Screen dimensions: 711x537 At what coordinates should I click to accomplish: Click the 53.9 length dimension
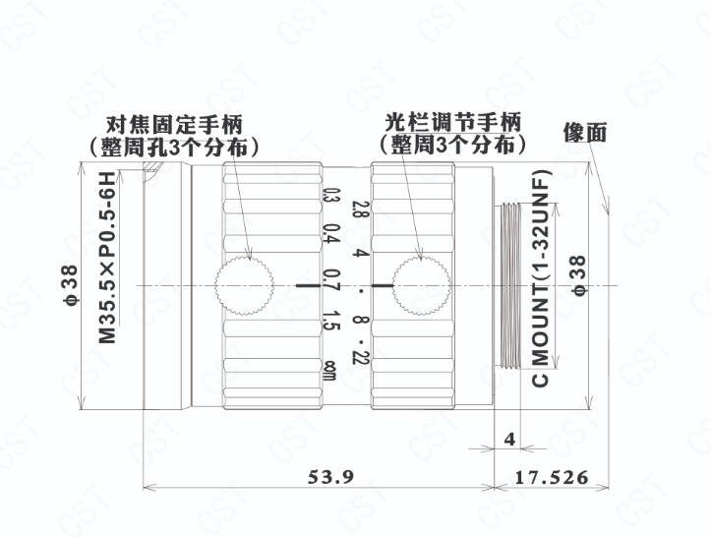pos(330,477)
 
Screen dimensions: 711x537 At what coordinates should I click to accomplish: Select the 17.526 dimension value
pos(552,477)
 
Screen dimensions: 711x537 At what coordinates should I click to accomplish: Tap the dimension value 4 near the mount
pos(509,439)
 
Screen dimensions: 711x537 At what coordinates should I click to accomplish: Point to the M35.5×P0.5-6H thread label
pos(107,257)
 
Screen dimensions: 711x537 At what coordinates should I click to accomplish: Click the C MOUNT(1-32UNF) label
pos(540,278)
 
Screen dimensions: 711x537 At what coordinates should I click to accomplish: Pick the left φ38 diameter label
pos(71,284)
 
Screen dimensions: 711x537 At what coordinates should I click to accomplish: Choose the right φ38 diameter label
pos(579,275)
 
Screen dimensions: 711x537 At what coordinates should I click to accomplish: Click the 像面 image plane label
pos(585,134)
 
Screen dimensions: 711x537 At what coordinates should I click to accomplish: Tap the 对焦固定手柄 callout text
pos(175,124)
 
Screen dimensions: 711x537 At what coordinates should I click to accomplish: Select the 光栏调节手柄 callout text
pos(453,123)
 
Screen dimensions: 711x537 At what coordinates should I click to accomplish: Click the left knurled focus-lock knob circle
pos(244,286)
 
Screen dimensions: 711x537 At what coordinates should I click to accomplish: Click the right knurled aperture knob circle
pos(421,285)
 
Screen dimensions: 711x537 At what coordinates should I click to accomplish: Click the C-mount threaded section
pos(509,286)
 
